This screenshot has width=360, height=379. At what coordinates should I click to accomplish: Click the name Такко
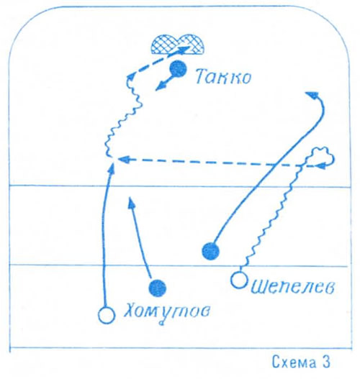[x=223, y=77]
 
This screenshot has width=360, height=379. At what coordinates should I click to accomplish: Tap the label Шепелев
[x=293, y=287]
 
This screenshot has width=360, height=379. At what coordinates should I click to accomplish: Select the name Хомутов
[x=167, y=312]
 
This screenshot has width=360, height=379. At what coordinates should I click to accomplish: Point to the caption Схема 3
[x=301, y=362]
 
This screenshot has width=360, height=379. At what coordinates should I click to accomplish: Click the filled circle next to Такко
[x=178, y=69]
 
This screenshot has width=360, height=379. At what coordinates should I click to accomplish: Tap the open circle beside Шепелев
[x=239, y=280]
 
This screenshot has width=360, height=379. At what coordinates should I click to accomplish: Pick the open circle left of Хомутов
[x=107, y=315]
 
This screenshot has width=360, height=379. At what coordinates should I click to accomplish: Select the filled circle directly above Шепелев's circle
[x=211, y=252]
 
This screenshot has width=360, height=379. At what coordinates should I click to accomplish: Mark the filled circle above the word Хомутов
[x=158, y=288]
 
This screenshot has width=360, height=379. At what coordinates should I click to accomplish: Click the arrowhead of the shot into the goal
[x=184, y=50]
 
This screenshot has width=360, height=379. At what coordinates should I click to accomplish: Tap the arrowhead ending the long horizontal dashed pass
[x=123, y=159]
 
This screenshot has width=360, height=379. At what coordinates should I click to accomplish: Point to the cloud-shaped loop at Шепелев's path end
[x=320, y=157]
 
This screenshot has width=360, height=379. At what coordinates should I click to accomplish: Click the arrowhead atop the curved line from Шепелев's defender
[x=312, y=94]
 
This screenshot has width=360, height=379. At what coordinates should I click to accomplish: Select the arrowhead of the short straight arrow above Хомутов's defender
[x=131, y=202]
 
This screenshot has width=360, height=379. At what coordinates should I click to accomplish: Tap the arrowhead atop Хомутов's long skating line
[x=112, y=168]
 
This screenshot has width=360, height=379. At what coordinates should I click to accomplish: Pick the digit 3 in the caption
[x=326, y=362]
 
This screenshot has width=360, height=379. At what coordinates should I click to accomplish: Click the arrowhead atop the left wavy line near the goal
[x=130, y=77]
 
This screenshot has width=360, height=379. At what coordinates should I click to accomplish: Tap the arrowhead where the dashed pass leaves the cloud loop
[x=321, y=166]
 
